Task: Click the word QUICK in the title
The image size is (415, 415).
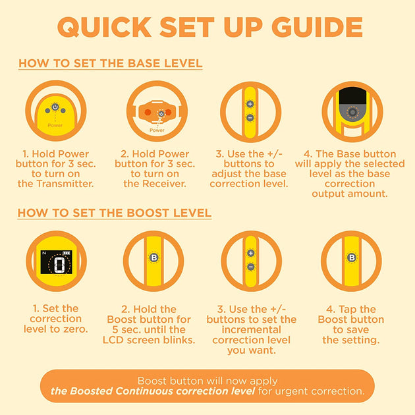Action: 104,27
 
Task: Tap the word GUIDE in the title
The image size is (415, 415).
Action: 317,27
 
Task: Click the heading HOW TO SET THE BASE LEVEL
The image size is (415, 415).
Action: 111,63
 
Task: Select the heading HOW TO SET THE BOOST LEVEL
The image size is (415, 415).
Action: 115,213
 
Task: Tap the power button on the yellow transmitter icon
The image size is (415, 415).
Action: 55,107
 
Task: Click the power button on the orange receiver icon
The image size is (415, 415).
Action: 161,113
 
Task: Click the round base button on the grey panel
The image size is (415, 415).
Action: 352,112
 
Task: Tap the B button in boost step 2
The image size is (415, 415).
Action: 153,258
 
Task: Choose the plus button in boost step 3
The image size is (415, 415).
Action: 250,253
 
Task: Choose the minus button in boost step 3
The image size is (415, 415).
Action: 250,267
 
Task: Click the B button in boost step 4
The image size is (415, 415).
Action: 352,258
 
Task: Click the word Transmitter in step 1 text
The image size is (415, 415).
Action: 65,184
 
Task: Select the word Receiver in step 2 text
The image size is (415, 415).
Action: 164,184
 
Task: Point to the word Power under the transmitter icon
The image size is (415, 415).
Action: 55,125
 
